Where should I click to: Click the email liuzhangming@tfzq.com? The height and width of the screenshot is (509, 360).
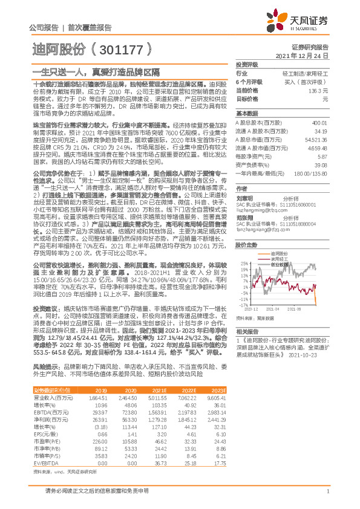click(261, 195)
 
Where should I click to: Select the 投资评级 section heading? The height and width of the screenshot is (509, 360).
click(246, 65)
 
